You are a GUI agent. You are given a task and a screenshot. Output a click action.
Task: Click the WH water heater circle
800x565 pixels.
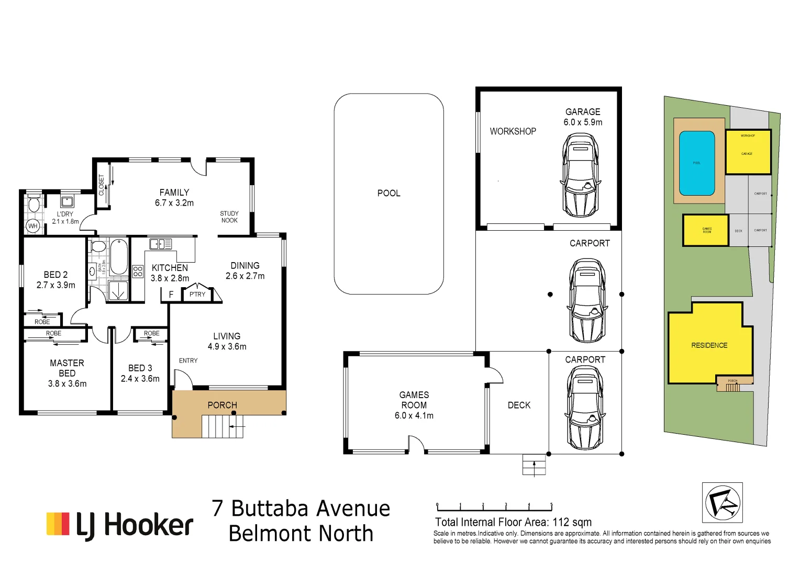pos(33,226)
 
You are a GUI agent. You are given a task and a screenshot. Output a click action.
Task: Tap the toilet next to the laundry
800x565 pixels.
pos(34,204)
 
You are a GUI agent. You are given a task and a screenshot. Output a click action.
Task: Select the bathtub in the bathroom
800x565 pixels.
pos(119,257)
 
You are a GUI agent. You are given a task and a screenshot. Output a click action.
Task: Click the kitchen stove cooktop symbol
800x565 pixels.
pos(138,271)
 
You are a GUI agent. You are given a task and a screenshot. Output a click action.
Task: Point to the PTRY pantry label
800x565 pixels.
pos(197,295)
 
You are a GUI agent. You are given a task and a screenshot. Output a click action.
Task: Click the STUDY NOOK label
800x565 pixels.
pos(229,217)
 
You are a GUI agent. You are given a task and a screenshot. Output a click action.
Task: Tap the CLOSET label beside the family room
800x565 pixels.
pos(102,185)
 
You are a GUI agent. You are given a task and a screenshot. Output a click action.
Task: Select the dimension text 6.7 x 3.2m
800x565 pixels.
pos(174,203)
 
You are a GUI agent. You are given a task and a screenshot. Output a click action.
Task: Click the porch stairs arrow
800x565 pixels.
pos(237,427)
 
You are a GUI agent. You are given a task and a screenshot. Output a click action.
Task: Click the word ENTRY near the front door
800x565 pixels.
pos(188,360)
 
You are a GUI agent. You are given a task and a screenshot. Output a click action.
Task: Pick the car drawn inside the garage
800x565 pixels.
pos(580,175)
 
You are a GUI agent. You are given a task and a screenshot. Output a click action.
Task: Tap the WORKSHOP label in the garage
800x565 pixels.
pos(513,131)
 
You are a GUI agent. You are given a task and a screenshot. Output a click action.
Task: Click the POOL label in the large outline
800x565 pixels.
pos(388,193)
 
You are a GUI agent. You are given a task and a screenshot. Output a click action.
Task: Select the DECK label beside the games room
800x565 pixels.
pos(519,405)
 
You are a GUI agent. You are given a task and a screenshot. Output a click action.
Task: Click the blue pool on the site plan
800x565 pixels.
pos(697,163)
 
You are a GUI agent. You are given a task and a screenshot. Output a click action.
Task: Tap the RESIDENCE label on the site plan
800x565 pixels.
pos(709,345)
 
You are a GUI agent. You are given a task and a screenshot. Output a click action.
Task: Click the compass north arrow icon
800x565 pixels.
pos(722,502)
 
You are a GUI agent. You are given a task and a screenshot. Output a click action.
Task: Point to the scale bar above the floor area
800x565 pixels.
pos(494,507)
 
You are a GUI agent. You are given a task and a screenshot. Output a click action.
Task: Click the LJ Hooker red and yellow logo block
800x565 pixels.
pos(58,524)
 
